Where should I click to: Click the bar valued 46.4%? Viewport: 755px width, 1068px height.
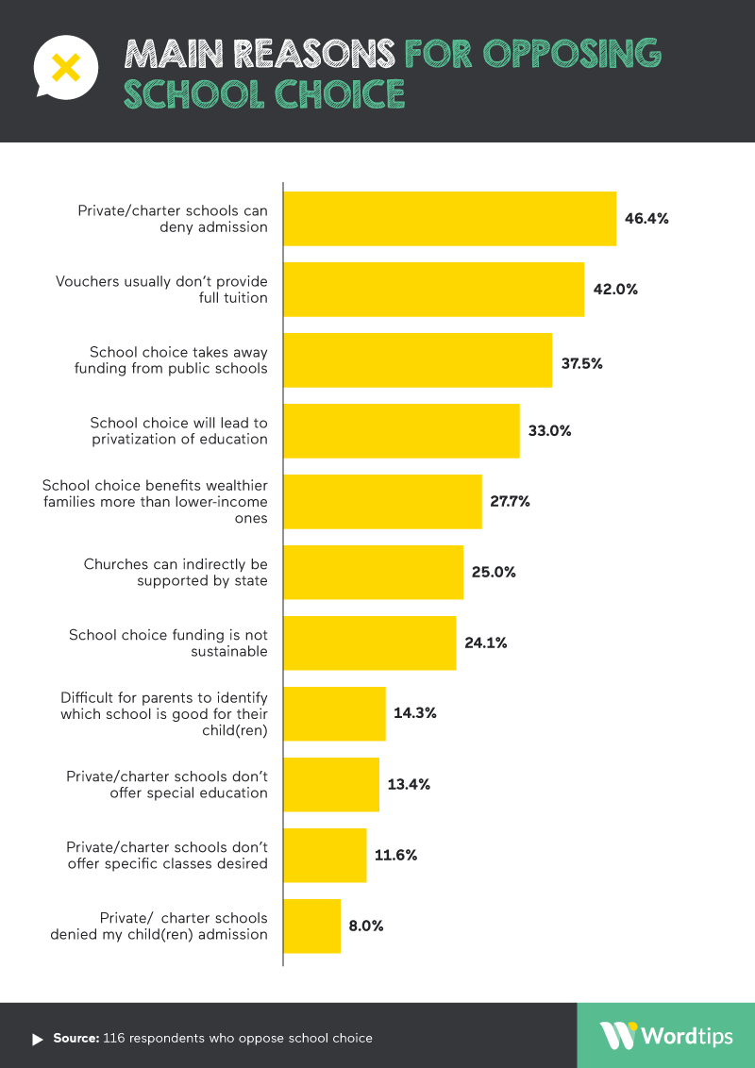[x=449, y=219]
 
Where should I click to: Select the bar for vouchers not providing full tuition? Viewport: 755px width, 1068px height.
[x=433, y=290]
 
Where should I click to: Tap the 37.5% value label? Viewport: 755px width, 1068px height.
[x=581, y=360]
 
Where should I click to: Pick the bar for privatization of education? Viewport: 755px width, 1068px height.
[x=401, y=431]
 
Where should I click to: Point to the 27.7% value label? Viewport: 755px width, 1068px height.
[x=510, y=502]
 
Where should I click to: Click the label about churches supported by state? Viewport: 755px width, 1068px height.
[x=176, y=573]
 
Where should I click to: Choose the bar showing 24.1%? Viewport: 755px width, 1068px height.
[x=369, y=643]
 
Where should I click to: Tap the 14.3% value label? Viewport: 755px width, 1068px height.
[x=414, y=714]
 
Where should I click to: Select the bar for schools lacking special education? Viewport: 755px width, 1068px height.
[x=331, y=785]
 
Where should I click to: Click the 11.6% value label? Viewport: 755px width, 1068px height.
[x=395, y=856]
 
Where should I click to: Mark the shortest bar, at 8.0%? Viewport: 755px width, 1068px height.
[x=311, y=926]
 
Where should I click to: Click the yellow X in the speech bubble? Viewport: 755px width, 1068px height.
[x=64, y=66]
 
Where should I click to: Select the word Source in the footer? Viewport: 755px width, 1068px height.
[x=75, y=1038]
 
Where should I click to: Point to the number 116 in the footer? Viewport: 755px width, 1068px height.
[x=116, y=1038]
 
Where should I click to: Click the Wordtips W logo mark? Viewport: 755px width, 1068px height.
[x=618, y=1035]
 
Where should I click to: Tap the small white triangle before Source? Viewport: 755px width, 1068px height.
[x=38, y=1039]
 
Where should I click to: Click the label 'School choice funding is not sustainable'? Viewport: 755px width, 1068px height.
[x=168, y=643]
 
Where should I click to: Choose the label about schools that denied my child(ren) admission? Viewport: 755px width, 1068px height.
[x=159, y=926]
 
